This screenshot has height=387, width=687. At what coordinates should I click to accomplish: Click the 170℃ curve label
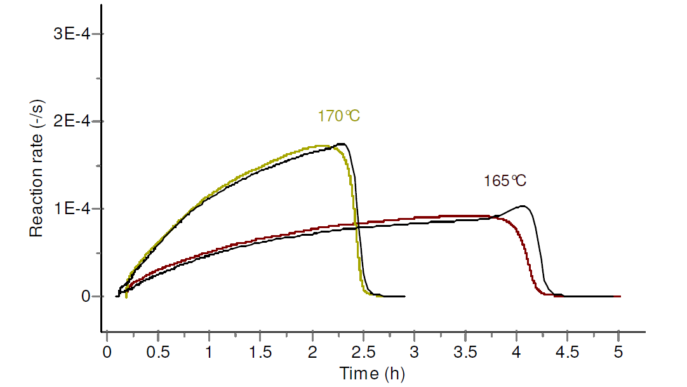point(340,116)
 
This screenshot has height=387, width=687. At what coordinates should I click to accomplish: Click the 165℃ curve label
point(505,181)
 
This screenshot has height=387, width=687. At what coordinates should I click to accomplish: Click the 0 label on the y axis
point(89,297)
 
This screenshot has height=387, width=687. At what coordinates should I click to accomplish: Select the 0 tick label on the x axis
point(107,351)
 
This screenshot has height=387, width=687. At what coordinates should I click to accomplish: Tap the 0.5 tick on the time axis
point(158,351)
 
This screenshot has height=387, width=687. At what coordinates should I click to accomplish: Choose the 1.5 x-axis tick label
point(260,351)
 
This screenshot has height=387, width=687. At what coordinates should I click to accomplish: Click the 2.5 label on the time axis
point(363,351)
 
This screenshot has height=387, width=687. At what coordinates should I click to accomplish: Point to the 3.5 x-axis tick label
point(465,351)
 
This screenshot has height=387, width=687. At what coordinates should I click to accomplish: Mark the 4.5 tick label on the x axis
point(567,351)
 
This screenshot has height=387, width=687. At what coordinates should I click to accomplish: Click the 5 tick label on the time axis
point(618,351)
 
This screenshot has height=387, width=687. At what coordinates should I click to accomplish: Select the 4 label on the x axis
point(516,351)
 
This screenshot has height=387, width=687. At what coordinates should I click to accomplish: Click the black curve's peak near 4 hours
point(523,206)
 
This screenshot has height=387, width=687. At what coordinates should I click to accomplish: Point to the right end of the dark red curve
point(619,296)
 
